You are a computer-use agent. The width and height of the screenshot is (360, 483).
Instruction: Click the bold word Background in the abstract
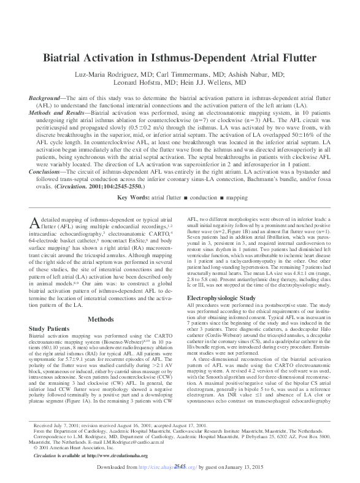47,99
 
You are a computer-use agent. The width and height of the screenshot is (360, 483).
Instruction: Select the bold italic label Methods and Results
58,114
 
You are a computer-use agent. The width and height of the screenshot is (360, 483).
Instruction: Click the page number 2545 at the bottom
180,466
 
